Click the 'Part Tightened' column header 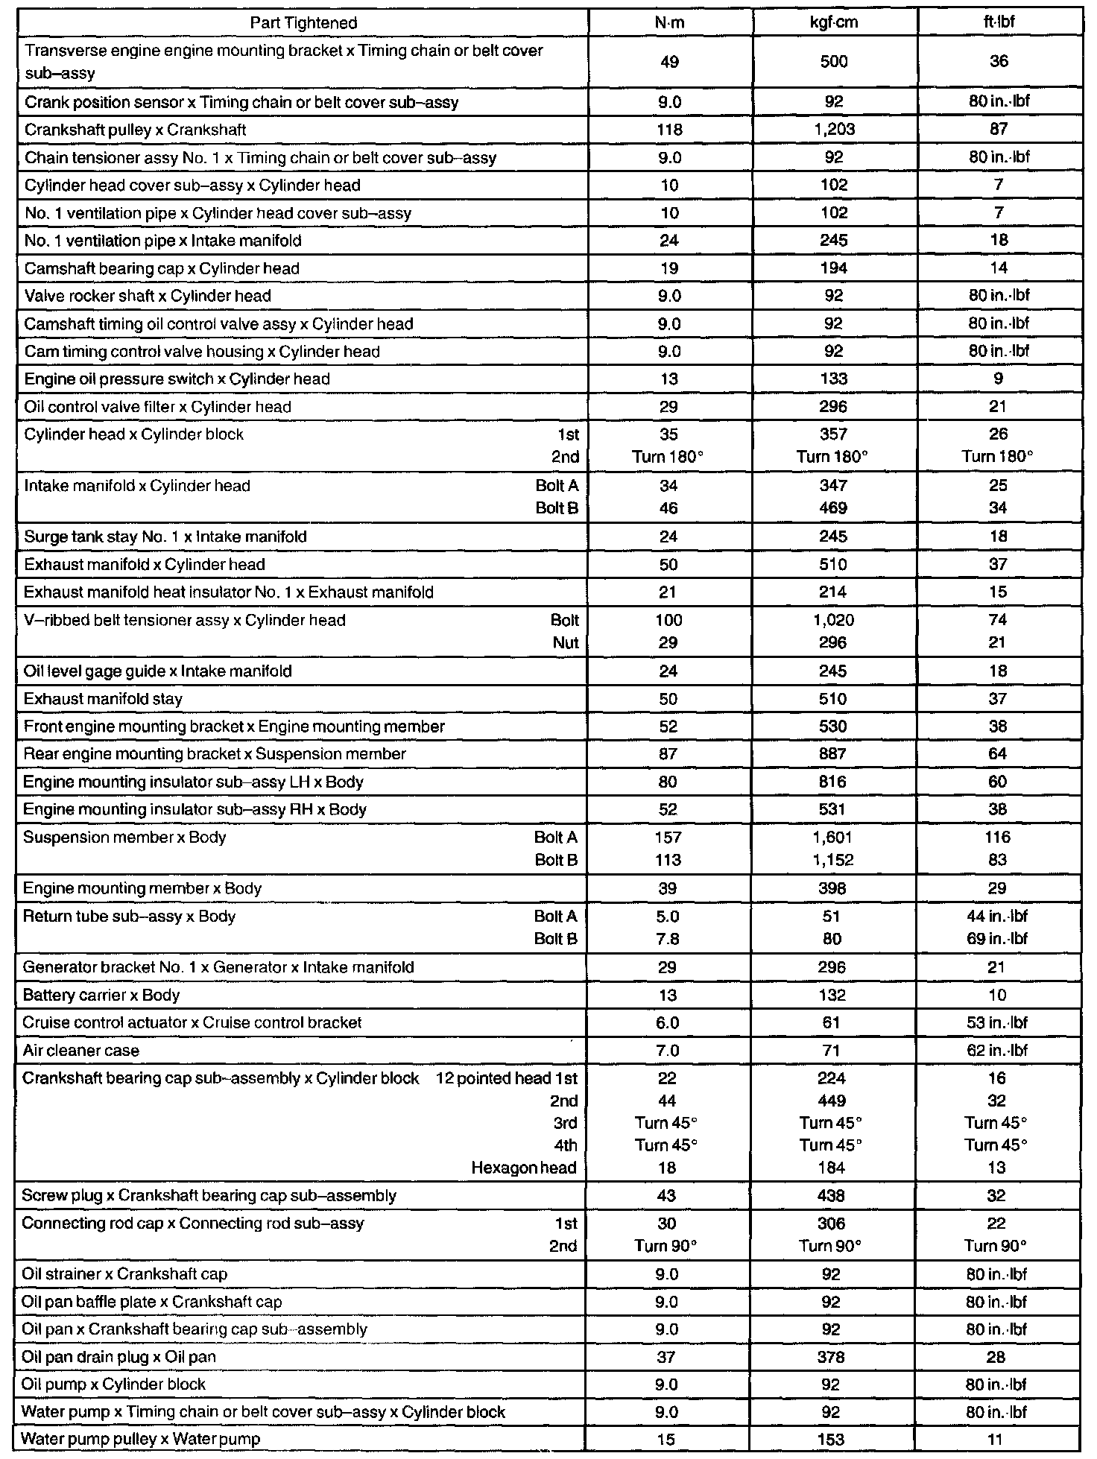[x=303, y=22]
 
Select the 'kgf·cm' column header [x=834, y=22]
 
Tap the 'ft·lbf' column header [x=999, y=22]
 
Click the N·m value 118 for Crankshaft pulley [x=669, y=130]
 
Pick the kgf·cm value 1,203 [x=834, y=130]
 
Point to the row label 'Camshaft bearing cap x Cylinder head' [x=162, y=268]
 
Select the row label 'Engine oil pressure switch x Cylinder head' [x=177, y=379]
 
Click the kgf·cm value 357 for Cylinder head [x=833, y=434]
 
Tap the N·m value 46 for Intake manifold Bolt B [x=668, y=508]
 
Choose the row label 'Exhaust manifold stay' [x=103, y=699]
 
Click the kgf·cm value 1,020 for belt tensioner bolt [x=833, y=620]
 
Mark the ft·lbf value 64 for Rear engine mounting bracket [x=998, y=754]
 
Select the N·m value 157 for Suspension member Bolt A [x=668, y=838]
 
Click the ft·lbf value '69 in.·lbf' [x=997, y=939]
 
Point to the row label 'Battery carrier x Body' [x=101, y=996]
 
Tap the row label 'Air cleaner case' [x=81, y=1051]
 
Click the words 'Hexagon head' [x=524, y=1168]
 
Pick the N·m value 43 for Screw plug [x=667, y=1196]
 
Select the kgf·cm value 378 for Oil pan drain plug [x=832, y=1358]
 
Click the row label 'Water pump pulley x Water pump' [x=141, y=1440]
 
